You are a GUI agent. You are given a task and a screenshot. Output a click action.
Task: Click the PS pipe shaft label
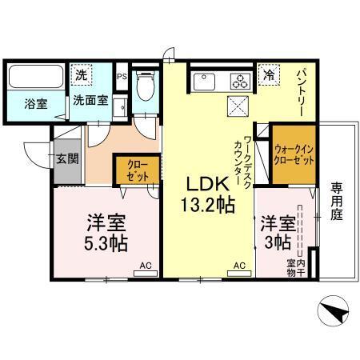pyautogui.click(x=122, y=78)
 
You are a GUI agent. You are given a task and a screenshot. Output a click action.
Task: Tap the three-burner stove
pyautogui.click(x=238, y=80)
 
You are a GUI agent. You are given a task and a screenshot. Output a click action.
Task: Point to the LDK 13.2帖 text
pyautogui.click(x=205, y=193)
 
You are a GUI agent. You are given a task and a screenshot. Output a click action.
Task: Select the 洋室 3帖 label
pyautogui.click(x=276, y=230)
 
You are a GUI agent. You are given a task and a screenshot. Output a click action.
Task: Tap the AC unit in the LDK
pyautogui.click(x=238, y=265)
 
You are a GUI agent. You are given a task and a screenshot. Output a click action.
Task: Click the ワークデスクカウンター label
pyautogui.click(x=242, y=160)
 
